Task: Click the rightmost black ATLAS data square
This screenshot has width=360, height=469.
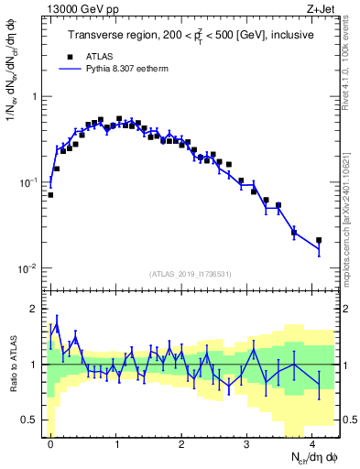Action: point(319,240)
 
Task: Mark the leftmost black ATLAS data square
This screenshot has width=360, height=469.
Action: point(50,194)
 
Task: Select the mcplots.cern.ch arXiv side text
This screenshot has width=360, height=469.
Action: point(351,206)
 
